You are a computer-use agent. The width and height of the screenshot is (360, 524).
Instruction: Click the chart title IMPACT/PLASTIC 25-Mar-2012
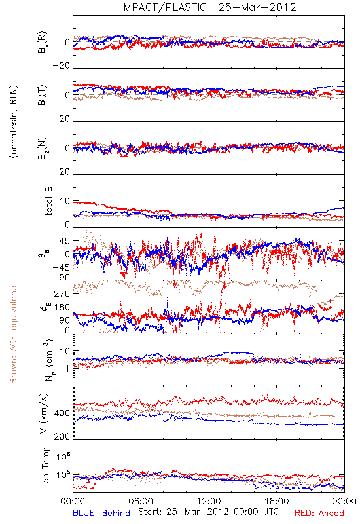[x=208, y=7]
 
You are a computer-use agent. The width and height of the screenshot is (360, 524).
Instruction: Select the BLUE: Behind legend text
[x=101, y=513]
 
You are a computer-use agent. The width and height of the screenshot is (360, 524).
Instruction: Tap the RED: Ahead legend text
[x=319, y=513]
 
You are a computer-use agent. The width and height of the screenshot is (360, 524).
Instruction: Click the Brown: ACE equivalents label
[x=13, y=333]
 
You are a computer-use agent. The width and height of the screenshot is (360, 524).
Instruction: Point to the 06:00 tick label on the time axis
[x=141, y=501]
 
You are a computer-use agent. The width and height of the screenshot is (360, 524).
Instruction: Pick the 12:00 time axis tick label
[x=209, y=501]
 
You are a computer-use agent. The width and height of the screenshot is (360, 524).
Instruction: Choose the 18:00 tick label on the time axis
[x=277, y=501]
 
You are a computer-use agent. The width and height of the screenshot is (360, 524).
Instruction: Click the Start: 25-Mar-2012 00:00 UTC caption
[x=208, y=512]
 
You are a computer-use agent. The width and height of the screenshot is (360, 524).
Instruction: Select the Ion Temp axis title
[x=45, y=466]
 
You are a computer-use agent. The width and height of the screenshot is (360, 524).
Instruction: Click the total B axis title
[x=48, y=201]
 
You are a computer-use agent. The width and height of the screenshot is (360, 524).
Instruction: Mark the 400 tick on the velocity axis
[x=62, y=413]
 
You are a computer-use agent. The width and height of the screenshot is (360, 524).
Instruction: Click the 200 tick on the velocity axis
[x=62, y=436]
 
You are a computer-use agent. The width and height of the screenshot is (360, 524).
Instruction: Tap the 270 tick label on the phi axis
[x=62, y=293]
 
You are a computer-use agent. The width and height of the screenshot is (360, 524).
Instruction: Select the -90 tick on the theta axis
[x=61, y=278]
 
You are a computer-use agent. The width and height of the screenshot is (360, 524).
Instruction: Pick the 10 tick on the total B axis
[x=65, y=201]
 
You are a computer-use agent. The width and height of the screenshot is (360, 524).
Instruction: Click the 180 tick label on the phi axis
[x=62, y=307]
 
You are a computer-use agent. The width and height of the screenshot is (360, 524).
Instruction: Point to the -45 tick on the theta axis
[x=61, y=267]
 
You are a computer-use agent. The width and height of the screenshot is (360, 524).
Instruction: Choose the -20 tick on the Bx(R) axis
[x=61, y=66]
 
